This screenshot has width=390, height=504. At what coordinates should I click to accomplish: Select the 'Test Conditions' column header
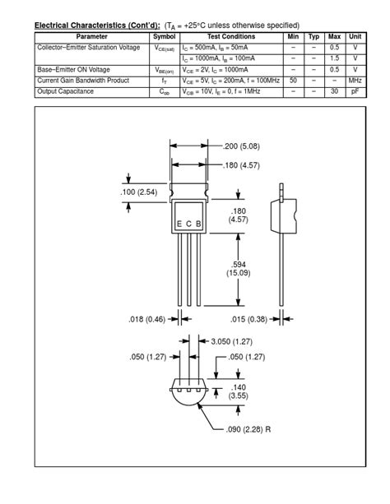click(x=230, y=37)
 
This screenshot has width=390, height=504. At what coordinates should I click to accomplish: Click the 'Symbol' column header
click(x=165, y=37)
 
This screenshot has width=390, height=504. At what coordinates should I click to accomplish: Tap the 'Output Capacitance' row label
click(x=66, y=91)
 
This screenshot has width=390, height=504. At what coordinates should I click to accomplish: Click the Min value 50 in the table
click(x=293, y=81)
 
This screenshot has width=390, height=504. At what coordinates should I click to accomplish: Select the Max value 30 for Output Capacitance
click(x=334, y=91)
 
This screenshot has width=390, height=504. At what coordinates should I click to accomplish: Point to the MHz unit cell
click(x=355, y=81)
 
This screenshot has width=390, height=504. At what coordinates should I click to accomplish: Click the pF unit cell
click(x=355, y=91)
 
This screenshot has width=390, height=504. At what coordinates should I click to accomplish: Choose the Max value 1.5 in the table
click(x=334, y=59)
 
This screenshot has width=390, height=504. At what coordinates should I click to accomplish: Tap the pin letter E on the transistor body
click(x=179, y=224)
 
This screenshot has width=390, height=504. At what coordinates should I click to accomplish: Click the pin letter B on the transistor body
click(x=198, y=224)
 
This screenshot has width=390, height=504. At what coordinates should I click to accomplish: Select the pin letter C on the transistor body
click(x=188, y=224)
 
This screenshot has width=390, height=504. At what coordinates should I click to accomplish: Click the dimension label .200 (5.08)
click(x=242, y=146)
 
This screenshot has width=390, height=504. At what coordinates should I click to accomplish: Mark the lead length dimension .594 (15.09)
click(x=239, y=267)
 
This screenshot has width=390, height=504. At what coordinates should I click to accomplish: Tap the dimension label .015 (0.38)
click(x=249, y=319)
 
